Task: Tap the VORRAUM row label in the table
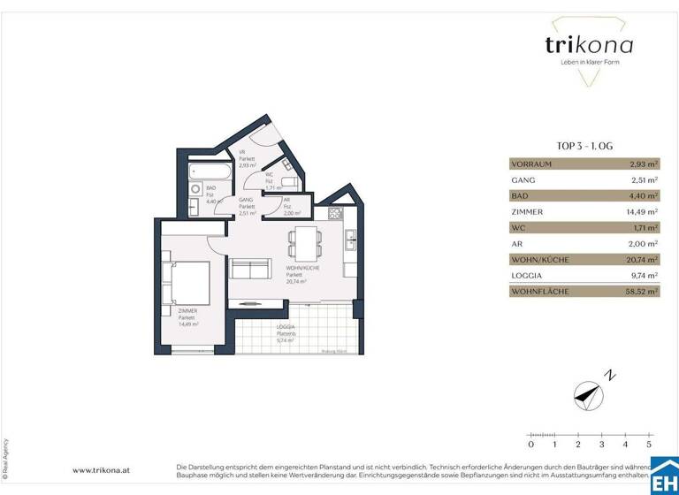532,164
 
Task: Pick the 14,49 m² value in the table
641,212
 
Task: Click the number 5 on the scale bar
649,444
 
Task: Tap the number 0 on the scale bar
530,444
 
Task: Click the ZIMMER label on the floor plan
187,311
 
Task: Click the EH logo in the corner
664,478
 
